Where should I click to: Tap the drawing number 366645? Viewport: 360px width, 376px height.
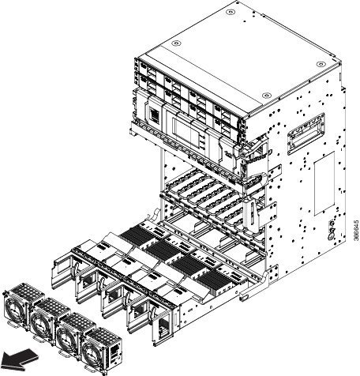click(356, 231)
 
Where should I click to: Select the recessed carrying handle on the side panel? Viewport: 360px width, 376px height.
click(306, 134)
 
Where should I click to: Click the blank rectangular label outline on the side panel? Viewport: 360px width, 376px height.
click(324, 183)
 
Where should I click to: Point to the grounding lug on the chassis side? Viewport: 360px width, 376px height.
click(332, 231)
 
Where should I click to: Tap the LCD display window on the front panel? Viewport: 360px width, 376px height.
click(186, 132)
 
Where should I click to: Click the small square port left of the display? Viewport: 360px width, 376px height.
click(155, 115)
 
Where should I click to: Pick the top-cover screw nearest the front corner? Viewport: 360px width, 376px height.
click(266, 95)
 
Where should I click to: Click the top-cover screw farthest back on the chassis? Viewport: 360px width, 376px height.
click(231, 12)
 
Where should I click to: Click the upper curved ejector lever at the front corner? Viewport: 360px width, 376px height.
click(256, 151)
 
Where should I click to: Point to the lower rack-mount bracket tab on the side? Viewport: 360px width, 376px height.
click(271, 213)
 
